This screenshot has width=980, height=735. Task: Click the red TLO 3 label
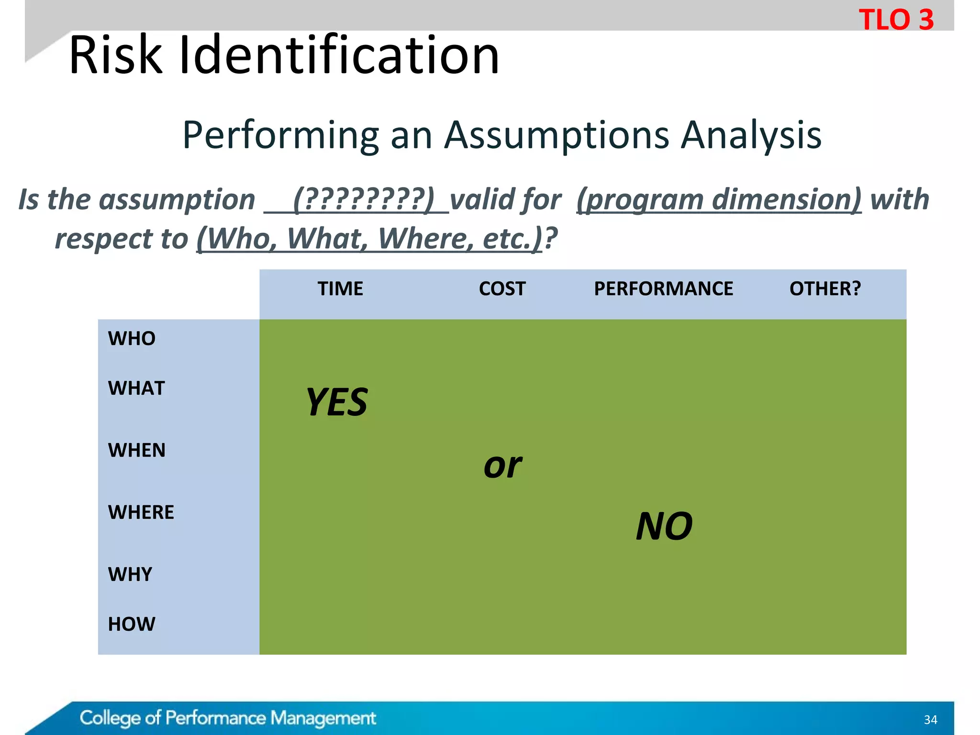click(896, 20)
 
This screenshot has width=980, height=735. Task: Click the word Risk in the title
click(115, 56)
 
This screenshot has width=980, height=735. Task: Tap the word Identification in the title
click(339, 56)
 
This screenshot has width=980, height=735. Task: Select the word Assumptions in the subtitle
click(557, 135)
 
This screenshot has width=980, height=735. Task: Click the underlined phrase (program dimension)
click(719, 200)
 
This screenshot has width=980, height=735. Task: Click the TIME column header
click(340, 289)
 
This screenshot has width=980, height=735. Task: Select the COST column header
click(502, 289)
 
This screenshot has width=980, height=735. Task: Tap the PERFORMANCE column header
click(663, 289)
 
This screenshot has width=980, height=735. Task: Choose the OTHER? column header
click(825, 289)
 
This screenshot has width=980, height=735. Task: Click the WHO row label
click(132, 339)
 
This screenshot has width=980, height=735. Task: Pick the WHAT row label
click(136, 388)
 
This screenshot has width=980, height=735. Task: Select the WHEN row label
click(136, 450)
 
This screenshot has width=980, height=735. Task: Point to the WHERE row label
click(141, 512)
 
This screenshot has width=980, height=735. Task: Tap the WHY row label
click(130, 574)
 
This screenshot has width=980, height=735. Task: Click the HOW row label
click(131, 624)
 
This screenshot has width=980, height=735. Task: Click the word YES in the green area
click(337, 402)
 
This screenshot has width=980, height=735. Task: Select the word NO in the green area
click(664, 526)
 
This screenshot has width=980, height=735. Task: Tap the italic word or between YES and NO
click(502, 466)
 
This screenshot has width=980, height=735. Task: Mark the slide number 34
click(930, 720)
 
